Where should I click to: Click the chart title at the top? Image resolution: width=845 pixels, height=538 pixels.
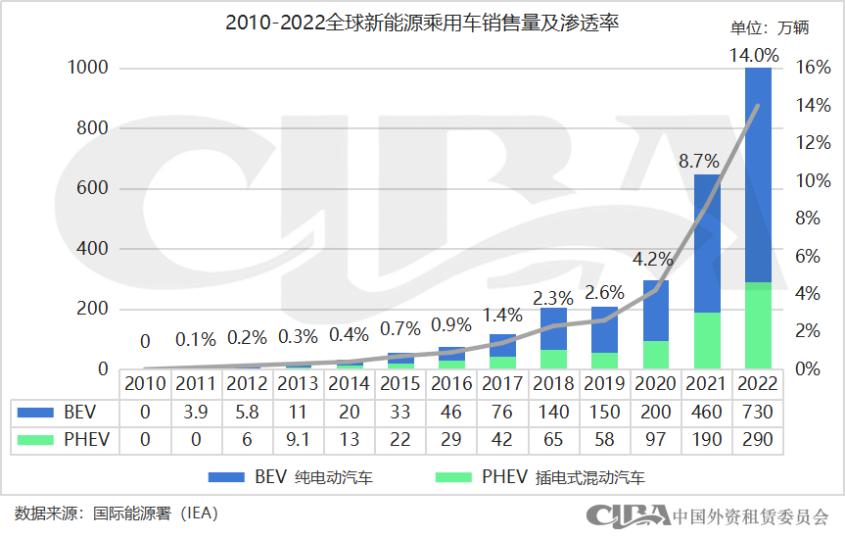422,22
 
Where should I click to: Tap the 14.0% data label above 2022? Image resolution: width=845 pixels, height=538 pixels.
754,56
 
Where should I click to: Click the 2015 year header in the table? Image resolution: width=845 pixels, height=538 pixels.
399,383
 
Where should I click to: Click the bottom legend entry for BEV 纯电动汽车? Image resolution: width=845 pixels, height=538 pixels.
291,478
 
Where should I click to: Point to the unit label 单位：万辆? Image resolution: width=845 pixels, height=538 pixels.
770,27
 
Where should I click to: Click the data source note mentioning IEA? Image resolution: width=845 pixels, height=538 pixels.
116,513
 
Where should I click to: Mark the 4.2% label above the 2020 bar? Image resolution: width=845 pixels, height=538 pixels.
652,260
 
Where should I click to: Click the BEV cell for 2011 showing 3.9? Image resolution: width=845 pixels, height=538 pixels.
196,413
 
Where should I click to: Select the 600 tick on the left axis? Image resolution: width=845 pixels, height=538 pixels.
94,189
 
